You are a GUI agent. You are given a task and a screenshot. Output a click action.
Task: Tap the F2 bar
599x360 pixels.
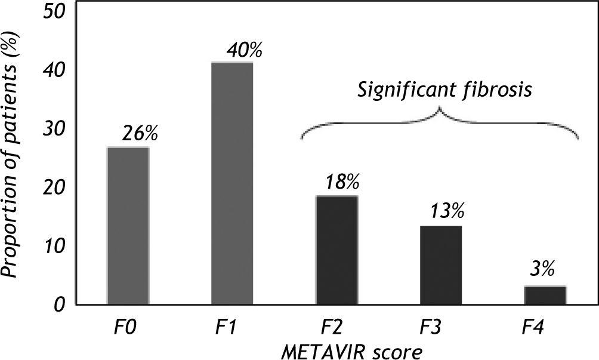pyautogui.click(x=336, y=250)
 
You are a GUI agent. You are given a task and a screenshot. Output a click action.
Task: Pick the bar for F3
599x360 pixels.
pyautogui.click(x=440, y=265)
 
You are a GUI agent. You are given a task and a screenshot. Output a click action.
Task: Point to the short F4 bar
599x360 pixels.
pyautogui.click(x=545, y=295)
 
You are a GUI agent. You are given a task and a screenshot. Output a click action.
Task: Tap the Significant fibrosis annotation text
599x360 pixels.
pyautogui.click(x=444, y=91)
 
